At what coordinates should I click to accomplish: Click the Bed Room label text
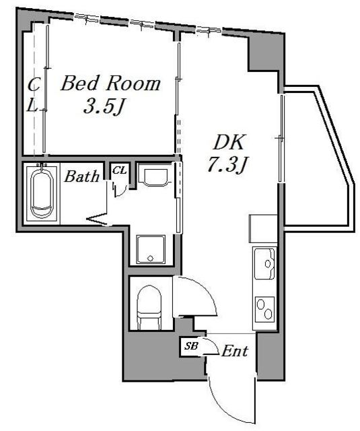[x=110, y=84]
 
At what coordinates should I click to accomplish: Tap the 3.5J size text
[x=102, y=106]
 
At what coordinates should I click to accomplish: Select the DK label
[x=229, y=142]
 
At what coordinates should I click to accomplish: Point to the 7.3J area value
[x=227, y=164]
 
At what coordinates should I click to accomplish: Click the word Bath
[x=82, y=176]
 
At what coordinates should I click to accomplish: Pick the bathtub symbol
[x=42, y=193]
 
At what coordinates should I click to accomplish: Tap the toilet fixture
[x=149, y=307]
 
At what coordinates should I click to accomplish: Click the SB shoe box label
[x=191, y=345]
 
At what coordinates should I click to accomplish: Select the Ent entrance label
[x=235, y=351]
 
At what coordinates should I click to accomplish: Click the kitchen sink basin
[x=264, y=263]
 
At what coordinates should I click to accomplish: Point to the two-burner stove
[x=264, y=309]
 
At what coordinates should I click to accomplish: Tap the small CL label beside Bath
[x=120, y=170]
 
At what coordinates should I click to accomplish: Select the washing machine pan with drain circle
[x=151, y=249]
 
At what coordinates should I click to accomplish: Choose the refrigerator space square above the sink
[x=263, y=229]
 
